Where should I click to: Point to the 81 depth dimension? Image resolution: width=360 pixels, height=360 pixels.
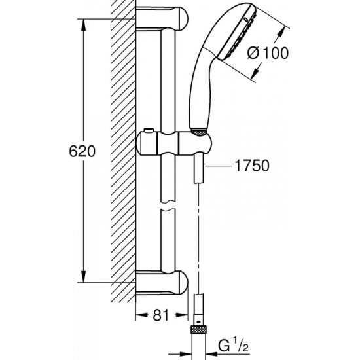[161, 314]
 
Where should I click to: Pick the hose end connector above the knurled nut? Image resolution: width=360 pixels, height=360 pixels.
[198, 308]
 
